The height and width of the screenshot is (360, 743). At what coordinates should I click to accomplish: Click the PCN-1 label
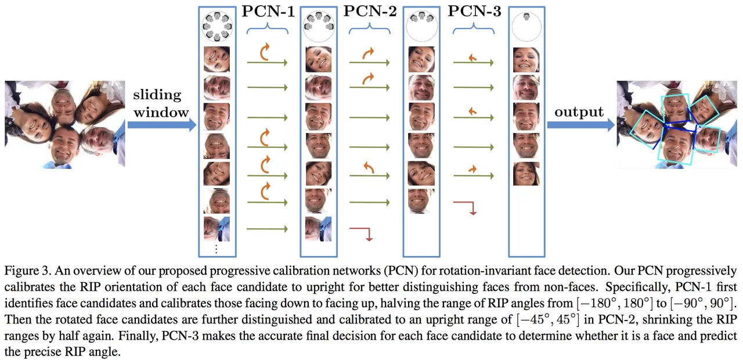point(268,11)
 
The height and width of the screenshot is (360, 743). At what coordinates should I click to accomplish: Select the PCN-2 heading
point(370,11)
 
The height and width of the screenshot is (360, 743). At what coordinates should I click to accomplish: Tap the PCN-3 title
point(474,11)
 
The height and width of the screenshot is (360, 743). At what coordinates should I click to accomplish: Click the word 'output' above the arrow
point(579,112)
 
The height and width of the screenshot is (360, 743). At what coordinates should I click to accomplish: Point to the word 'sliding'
point(157,95)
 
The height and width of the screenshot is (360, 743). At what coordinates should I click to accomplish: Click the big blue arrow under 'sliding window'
point(162,125)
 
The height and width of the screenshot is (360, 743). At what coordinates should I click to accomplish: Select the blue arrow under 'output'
point(580,125)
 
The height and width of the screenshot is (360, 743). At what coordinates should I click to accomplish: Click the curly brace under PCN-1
point(268,28)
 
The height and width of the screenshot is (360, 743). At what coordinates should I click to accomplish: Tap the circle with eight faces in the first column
point(217,27)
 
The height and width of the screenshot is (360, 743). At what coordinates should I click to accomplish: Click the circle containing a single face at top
point(526,27)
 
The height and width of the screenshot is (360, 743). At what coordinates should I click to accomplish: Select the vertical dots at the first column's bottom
point(217,249)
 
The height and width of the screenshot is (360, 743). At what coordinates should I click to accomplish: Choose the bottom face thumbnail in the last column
point(526,174)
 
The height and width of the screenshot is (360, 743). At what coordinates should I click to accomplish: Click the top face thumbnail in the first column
point(217,59)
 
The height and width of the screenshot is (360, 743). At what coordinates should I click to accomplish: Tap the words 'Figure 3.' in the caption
point(28,271)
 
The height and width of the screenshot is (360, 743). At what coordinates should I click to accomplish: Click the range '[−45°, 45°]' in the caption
point(547,319)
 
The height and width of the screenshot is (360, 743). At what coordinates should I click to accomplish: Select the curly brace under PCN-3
point(474,28)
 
